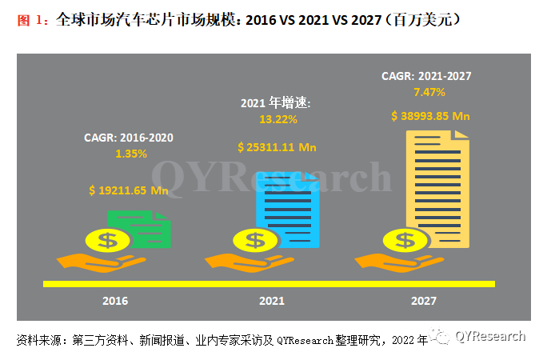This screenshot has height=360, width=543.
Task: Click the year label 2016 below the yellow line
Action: [115, 302]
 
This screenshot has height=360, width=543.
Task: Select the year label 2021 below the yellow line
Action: [272, 302]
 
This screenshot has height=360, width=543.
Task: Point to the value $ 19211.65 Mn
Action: [128, 190]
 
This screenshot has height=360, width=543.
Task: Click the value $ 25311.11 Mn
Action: [277, 146]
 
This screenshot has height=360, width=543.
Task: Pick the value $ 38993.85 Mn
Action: [429, 115]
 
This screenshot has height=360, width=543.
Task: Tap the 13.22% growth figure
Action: [277, 119]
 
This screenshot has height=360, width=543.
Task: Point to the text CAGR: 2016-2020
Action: [128, 138]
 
